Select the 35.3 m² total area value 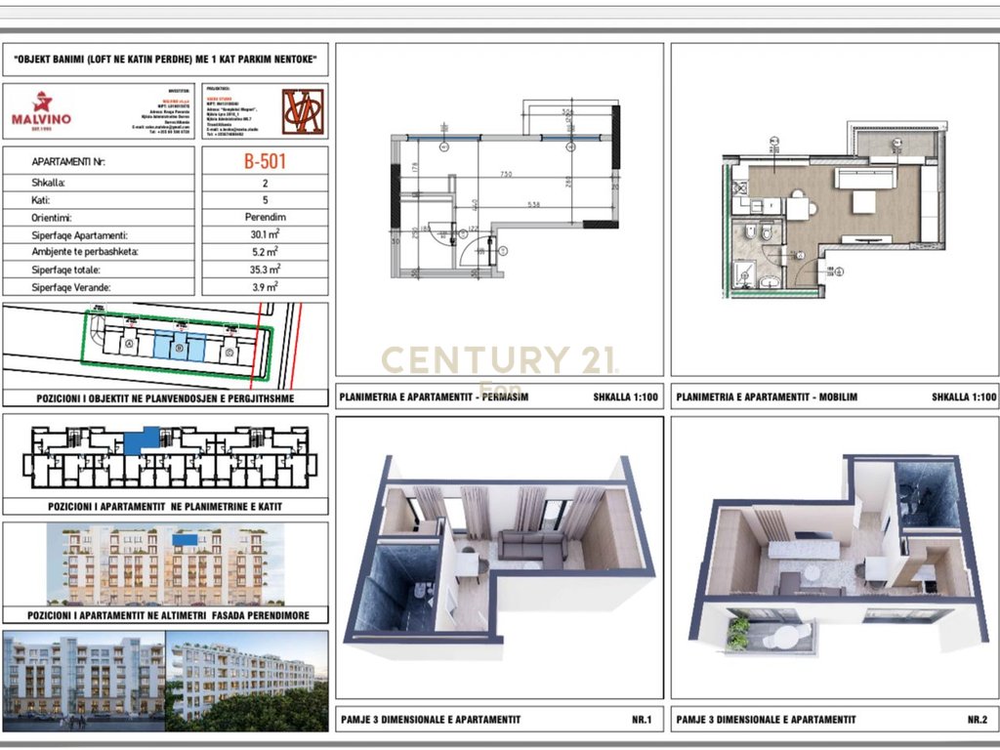pos(265,269)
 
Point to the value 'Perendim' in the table pos(265,217)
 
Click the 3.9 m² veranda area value pos(265,286)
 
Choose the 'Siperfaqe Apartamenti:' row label pos(80,235)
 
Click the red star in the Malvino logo pos(42,102)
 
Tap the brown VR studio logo pos(303,111)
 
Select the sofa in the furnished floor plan pos(864,178)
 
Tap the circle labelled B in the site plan pos(179,348)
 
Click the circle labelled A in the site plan pos(130,346)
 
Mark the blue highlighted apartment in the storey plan pos(145,440)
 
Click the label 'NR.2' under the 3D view pos(977,720)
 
